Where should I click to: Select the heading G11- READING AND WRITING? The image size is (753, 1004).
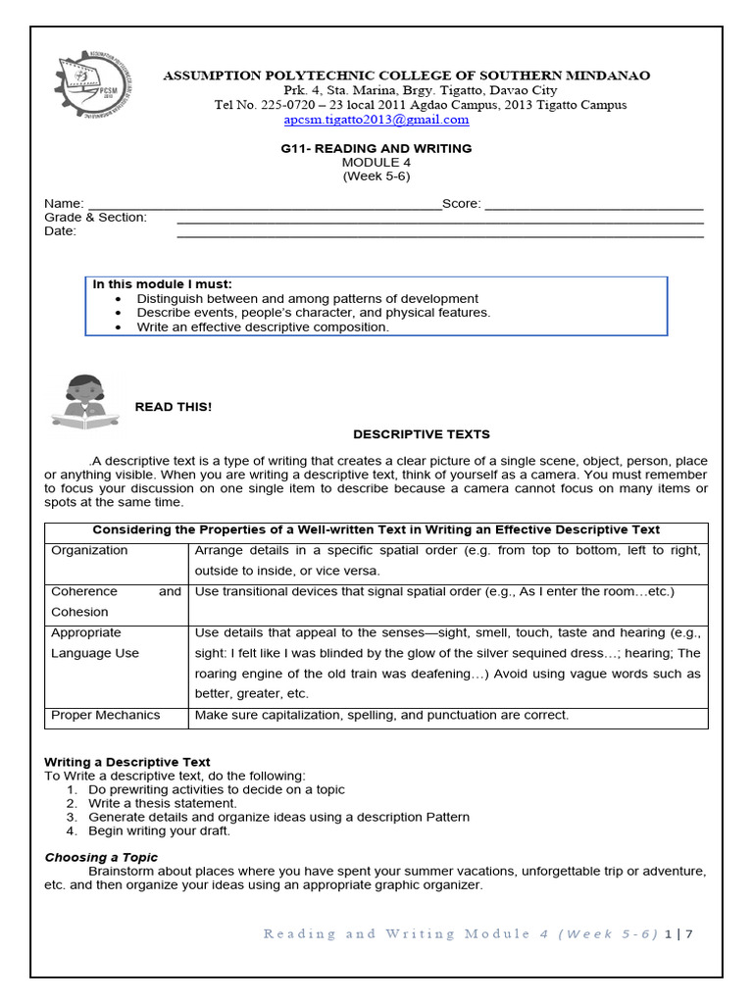pyautogui.click(x=376, y=148)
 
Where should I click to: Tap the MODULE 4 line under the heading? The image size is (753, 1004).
pyautogui.click(x=376, y=162)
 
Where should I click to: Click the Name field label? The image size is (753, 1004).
pyautogui.click(x=64, y=204)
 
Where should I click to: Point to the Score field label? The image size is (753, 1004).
pyautogui.click(x=461, y=204)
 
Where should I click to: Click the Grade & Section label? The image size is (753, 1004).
pyautogui.click(x=95, y=218)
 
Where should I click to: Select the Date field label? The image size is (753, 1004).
pyautogui.click(x=60, y=231)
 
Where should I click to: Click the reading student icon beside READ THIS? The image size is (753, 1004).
pyautogui.click(x=85, y=401)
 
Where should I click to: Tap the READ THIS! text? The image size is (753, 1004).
pyautogui.click(x=173, y=407)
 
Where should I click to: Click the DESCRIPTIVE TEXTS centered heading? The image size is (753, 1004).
pyautogui.click(x=421, y=433)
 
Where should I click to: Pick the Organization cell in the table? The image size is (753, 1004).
pyautogui.click(x=89, y=551)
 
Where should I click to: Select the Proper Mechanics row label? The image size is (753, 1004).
pyautogui.click(x=105, y=715)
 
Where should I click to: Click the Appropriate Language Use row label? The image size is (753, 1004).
pyautogui.click(x=95, y=643)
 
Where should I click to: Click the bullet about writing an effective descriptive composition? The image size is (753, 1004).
pyautogui.click(x=262, y=327)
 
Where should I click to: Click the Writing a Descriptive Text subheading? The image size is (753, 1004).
pyautogui.click(x=127, y=762)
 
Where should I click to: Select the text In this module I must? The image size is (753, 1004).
pyautogui.click(x=162, y=284)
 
